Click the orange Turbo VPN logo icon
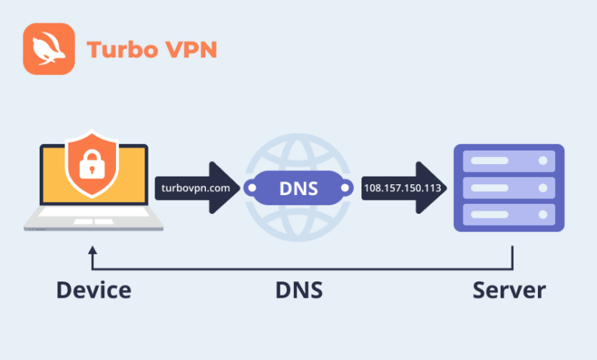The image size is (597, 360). tap(48, 49)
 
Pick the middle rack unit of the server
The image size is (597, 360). tap(509, 187)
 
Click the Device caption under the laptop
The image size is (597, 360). tap(93, 291)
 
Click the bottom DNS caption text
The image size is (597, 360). tap(298, 291)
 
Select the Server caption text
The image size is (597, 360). tap(509, 291)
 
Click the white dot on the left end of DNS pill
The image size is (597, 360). tap(250, 188)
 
